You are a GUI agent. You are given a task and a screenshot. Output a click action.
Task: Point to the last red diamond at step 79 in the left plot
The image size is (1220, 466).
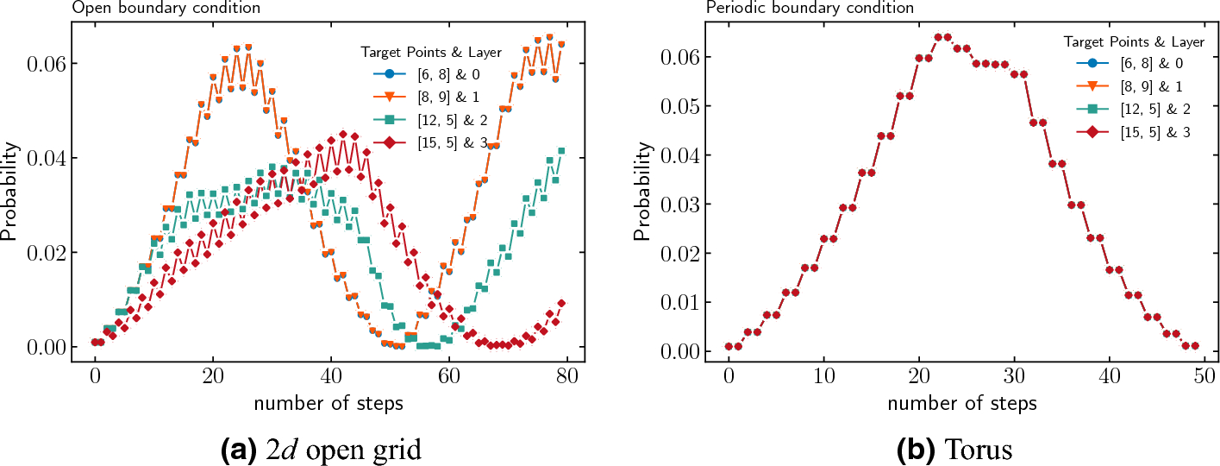561,304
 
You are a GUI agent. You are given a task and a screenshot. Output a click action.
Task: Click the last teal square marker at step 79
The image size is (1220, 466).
561,151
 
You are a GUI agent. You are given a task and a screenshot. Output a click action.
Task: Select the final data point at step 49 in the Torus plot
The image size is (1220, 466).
1194,345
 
